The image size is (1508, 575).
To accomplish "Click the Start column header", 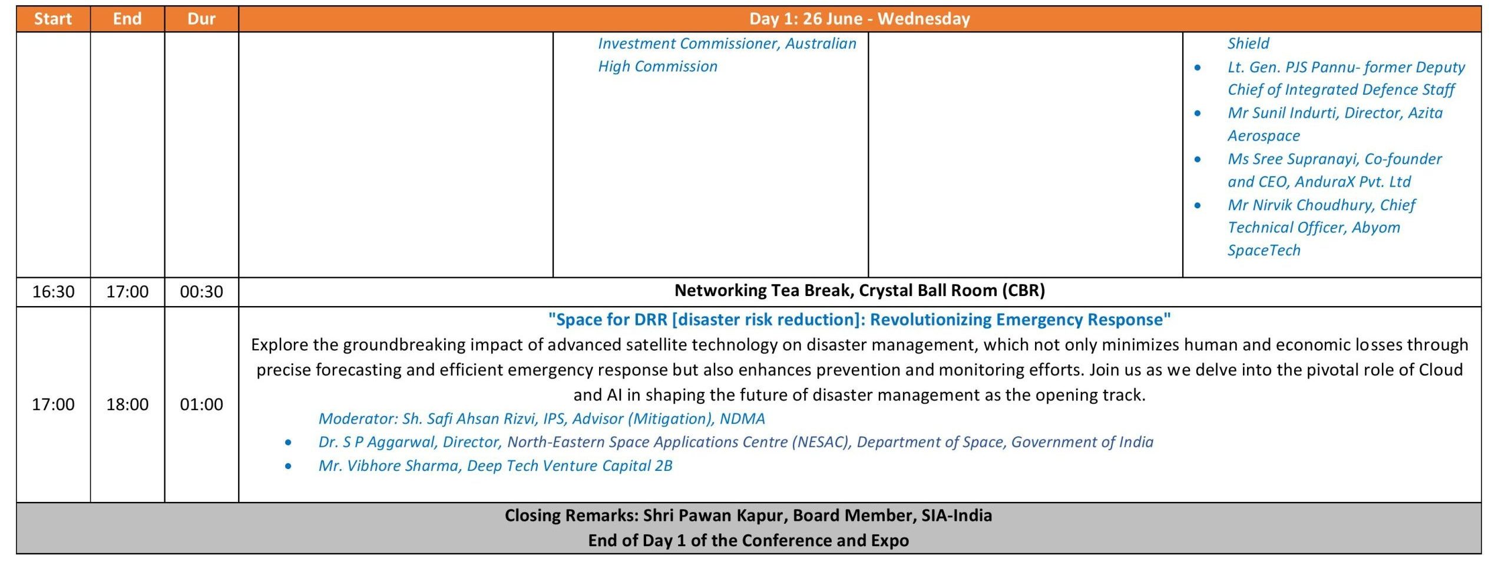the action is (x=53, y=19).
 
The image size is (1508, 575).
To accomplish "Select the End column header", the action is (x=127, y=19).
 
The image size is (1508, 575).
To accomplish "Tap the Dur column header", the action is (x=201, y=19).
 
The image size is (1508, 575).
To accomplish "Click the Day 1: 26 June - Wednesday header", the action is (x=859, y=19).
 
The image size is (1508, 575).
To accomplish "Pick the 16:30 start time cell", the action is (x=53, y=291).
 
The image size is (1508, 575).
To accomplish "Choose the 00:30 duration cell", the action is (x=201, y=291).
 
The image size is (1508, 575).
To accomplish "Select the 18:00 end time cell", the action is (x=127, y=404).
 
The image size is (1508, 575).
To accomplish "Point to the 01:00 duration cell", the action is (x=201, y=404).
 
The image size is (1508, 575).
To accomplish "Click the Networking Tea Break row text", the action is (x=859, y=291).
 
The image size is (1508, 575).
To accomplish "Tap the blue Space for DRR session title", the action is (x=859, y=320).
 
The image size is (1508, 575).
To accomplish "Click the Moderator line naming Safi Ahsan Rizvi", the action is (x=541, y=418).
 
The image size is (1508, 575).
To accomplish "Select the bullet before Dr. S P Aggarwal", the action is (x=288, y=443).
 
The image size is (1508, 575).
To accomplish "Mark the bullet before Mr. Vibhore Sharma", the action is (x=288, y=466).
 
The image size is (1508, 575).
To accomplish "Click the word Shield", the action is (x=1248, y=44).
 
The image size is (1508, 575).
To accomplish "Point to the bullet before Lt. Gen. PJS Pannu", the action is (x=1198, y=68).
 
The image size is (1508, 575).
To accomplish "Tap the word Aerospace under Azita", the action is (x=1264, y=136).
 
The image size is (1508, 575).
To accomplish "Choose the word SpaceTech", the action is (x=1264, y=251).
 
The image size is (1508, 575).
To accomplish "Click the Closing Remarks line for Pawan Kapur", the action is (x=748, y=516).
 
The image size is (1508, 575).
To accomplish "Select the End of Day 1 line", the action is (x=748, y=540).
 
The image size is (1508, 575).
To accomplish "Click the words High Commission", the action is (x=657, y=67).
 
